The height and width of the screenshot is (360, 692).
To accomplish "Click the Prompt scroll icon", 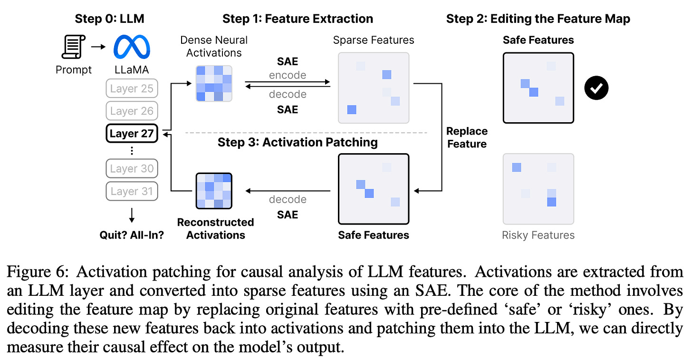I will [x=73, y=48].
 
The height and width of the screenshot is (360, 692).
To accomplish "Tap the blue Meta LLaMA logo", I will [x=132, y=48].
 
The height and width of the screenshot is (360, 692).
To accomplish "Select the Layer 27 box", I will [x=132, y=134].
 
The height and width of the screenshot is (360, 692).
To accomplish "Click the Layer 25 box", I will [x=132, y=88].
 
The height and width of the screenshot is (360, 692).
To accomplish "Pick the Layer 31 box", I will [x=132, y=191].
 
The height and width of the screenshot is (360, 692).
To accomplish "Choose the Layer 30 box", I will [x=132, y=168].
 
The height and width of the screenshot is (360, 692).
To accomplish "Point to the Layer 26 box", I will [x=132, y=111].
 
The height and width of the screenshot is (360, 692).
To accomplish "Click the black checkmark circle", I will [x=596, y=88].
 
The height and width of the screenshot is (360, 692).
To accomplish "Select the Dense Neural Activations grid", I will [x=214, y=83].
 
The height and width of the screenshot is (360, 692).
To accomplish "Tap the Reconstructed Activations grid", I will [x=214, y=191].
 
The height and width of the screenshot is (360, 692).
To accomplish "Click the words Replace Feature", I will [x=467, y=137].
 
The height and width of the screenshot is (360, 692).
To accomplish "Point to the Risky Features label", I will [x=538, y=235].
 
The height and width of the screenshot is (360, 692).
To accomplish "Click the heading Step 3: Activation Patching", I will [x=298, y=142].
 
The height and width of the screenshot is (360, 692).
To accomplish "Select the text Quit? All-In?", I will [x=132, y=234].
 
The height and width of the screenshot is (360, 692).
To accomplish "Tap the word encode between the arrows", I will [x=288, y=75].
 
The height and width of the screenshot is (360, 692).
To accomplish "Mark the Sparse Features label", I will [x=374, y=40].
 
